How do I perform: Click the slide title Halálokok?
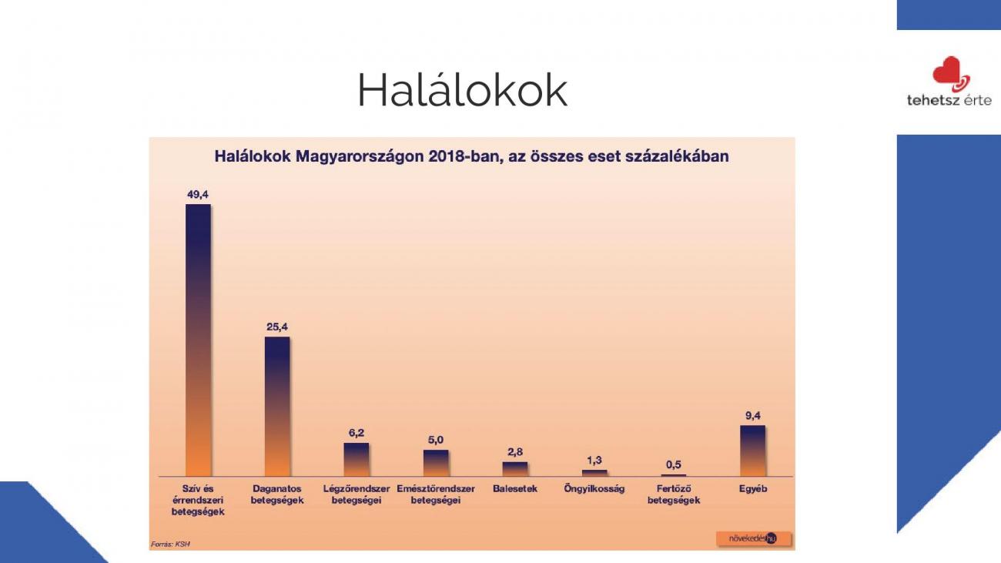tap(463, 90)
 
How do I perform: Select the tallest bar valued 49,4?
tap(198, 340)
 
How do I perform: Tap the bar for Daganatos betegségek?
tap(277, 407)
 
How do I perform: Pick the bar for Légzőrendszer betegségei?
tap(357, 460)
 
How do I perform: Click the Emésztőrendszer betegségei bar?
tap(436, 463)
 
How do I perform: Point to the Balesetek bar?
tap(515, 469)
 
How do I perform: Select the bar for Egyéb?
tap(752, 451)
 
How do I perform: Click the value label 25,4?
tap(277, 327)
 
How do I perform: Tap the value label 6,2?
tap(357, 433)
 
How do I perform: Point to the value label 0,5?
tap(674, 464)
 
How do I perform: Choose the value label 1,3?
tap(594, 460)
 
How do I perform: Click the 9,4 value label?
tap(752, 416)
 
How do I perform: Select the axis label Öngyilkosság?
tap(594, 488)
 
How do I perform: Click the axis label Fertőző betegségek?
tap(674, 494)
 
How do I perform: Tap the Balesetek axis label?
tap(515, 488)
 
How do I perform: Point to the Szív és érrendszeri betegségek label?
tap(198, 500)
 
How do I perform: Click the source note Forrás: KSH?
tap(170, 544)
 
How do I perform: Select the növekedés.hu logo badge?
tap(753, 538)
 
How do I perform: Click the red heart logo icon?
tap(951, 74)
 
